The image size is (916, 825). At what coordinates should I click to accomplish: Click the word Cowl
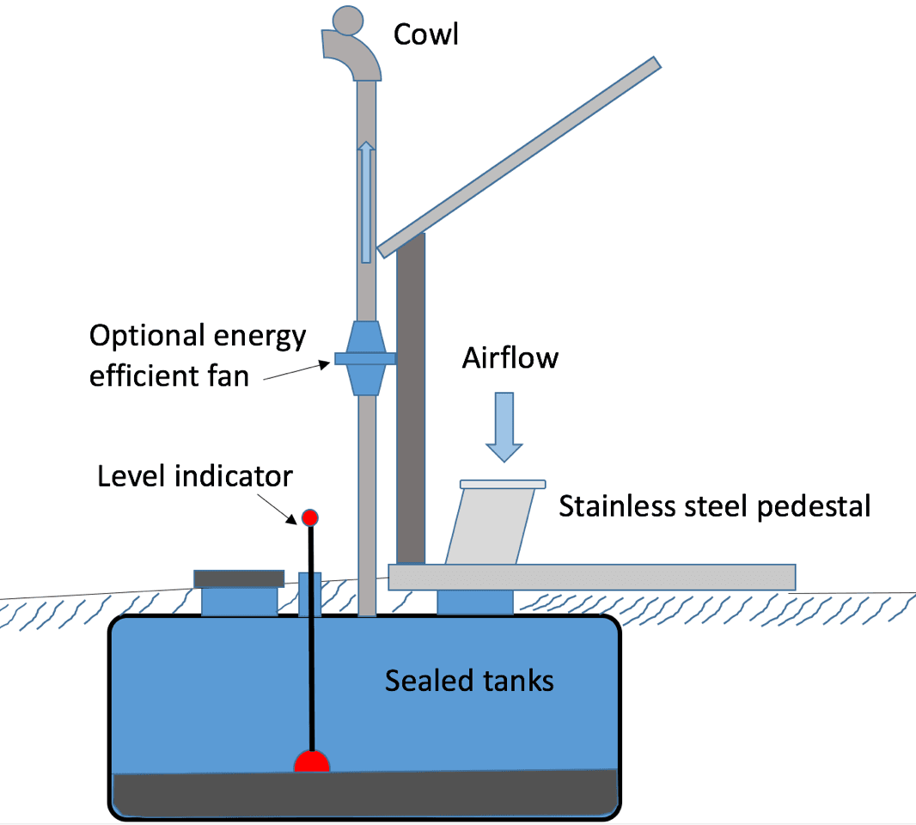426,34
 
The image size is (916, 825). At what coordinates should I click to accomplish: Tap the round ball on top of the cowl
349,21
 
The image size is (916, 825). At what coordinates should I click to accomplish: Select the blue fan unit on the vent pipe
366,358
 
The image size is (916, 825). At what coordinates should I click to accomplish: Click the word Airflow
510,357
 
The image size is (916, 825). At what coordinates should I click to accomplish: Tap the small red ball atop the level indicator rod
310,517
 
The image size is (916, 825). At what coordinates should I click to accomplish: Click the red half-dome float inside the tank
312,763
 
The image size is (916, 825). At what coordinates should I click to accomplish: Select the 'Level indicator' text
195,475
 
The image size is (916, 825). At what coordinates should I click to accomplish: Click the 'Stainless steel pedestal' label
714,506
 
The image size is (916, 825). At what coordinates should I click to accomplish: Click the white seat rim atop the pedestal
504,484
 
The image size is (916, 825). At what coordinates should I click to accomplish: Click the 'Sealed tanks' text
469,681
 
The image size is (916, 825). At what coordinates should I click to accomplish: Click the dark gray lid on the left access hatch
239,578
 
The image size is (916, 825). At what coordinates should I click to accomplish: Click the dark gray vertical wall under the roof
411,395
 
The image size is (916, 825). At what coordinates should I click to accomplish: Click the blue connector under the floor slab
475,602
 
